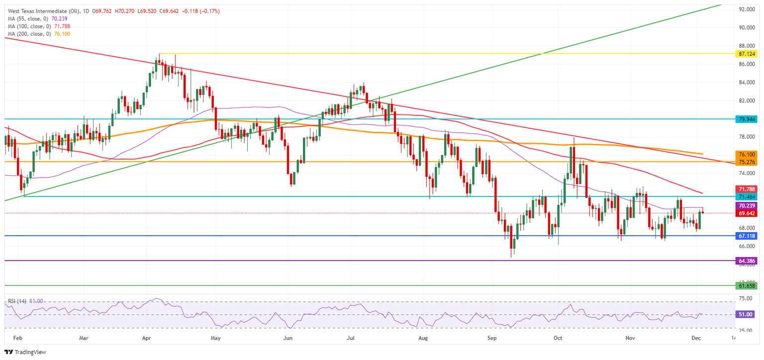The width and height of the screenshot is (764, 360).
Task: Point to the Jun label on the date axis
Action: pyautogui.click(x=287, y=338)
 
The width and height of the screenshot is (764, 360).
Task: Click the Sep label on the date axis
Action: pyautogui.click(x=492, y=338)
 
